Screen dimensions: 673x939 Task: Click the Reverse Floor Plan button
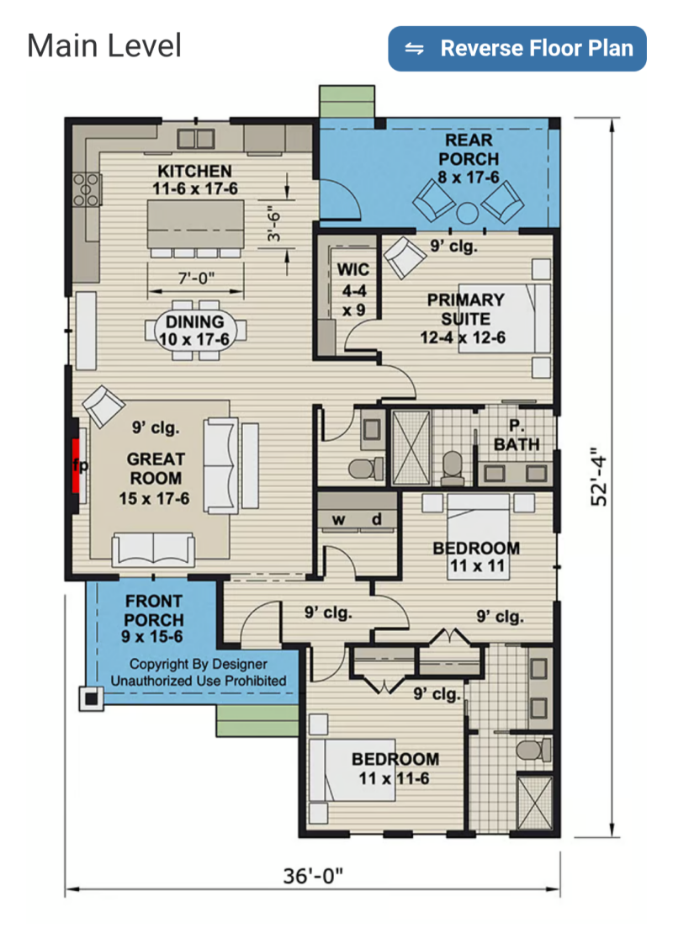point(517,49)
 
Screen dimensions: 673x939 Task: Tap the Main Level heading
point(104,46)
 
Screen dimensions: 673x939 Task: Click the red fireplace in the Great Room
point(76,466)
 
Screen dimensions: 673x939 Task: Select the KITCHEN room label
point(194,171)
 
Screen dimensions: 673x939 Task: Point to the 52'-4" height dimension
point(599,477)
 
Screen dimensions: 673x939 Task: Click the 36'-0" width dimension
point(313,876)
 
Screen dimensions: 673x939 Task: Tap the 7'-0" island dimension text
point(196,279)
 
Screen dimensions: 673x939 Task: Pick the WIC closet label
point(353,269)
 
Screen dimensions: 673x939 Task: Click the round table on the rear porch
point(467,213)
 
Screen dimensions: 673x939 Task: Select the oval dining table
point(195,332)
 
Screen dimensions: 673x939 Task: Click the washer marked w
point(338,518)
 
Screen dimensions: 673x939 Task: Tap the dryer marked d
point(377,518)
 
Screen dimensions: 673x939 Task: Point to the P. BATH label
point(517,435)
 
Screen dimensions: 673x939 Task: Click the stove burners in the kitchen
point(86,190)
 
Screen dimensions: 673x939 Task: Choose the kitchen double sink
point(196,139)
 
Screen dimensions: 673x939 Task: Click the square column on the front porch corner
point(91,698)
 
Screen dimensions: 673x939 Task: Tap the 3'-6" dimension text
point(273,224)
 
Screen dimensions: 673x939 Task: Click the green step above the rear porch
point(347,102)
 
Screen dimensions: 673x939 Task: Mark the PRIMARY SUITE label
point(465,309)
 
